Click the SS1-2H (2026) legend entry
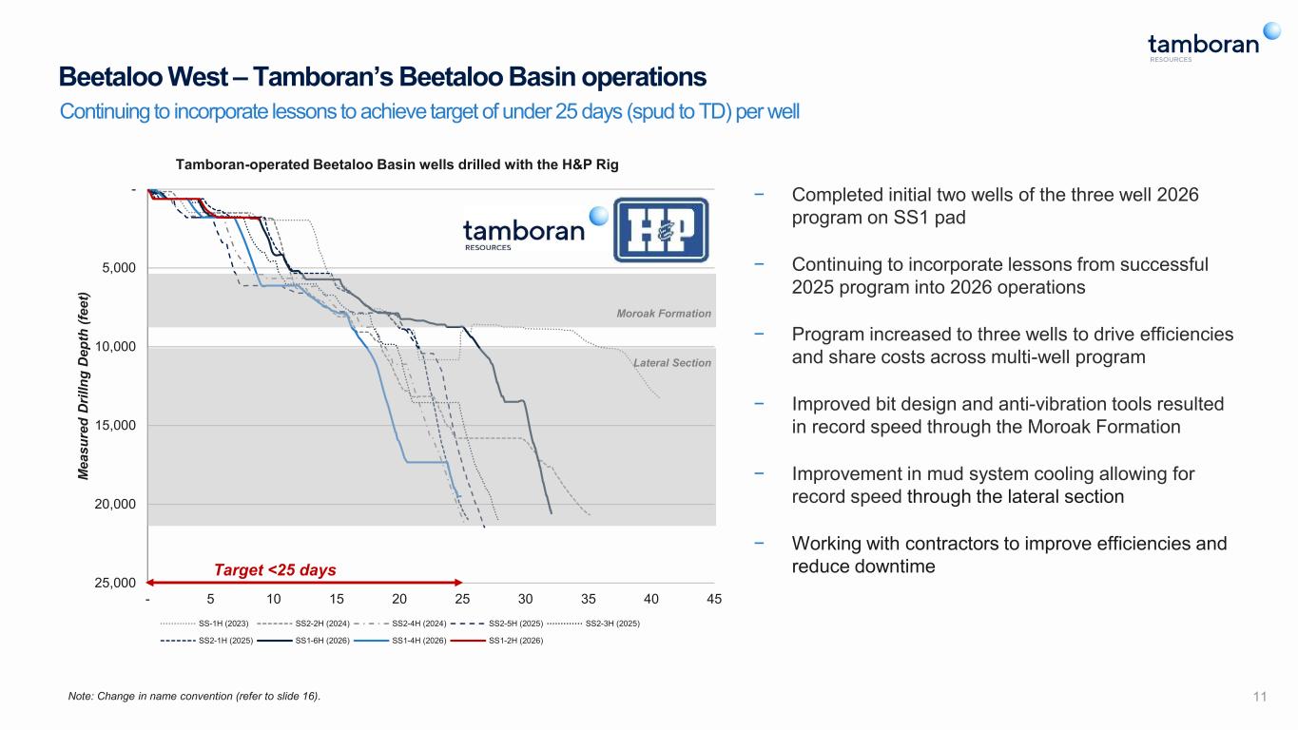tap(496, 641)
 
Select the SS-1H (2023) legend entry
tap(203, 624)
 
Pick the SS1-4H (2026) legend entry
tap(399, 641)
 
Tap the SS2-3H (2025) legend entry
tap(593, 624)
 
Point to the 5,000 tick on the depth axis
tap(119, 268)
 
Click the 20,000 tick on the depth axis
tap(115, 504)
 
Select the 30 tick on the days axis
tap(525, 599)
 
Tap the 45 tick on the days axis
tap(714, 599)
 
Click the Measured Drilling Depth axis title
tap(84, 386)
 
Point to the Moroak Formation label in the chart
tap(664, 314)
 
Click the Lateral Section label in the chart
tap(672, 363)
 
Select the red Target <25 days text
tap(275, 570)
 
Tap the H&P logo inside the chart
tap(661, 230)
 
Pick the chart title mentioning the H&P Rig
tap(397, 164)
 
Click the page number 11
tap(1260, 697)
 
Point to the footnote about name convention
tap(194, 696)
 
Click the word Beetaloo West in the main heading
tap(144, 76)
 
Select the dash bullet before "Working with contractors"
tap(759, 543)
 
